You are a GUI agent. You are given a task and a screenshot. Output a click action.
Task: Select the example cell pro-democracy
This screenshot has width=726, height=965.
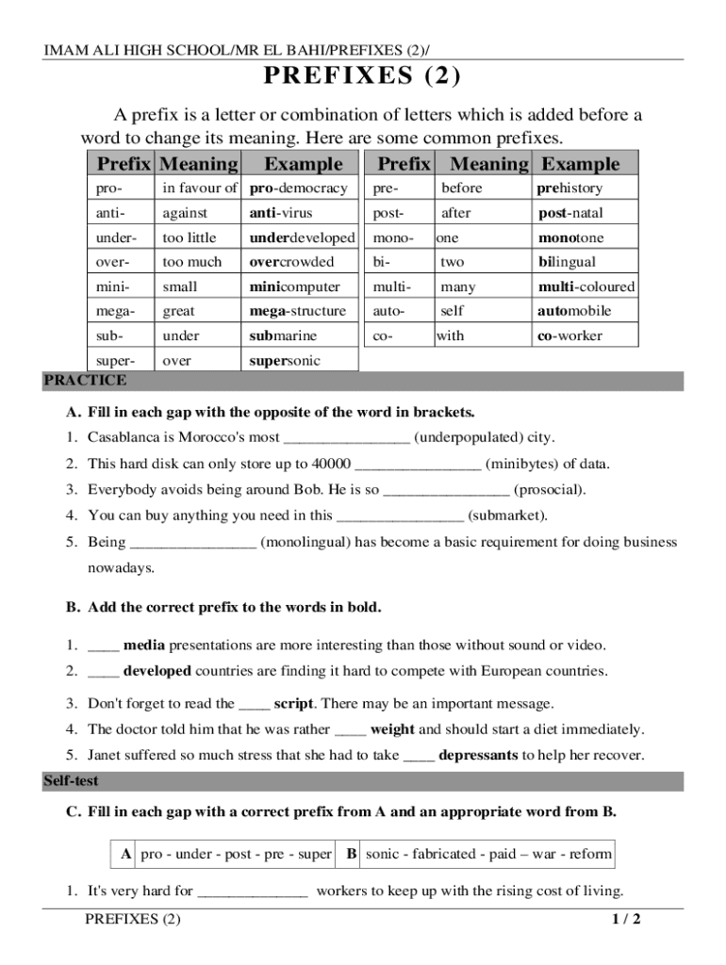[299, 188]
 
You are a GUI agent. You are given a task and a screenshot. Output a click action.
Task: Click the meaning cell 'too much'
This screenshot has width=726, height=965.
[191, 262]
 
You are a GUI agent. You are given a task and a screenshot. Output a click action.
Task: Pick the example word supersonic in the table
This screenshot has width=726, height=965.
[285, 360]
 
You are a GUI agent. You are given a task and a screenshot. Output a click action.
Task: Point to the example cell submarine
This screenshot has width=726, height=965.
[283, 335]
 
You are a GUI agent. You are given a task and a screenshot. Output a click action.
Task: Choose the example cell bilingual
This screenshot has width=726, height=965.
[567, 262]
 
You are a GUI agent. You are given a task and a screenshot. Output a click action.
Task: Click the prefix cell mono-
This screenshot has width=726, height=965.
[393, 237]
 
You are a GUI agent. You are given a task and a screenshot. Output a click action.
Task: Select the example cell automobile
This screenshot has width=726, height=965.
[574, 311]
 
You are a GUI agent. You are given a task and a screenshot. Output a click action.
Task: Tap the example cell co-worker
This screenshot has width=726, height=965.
[569, 335]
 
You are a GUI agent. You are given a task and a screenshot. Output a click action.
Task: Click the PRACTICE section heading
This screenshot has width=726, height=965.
[85, 381]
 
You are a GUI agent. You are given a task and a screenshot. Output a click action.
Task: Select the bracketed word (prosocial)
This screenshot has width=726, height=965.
[551, 489]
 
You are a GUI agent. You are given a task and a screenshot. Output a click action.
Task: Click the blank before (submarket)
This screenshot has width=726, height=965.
[400, 515]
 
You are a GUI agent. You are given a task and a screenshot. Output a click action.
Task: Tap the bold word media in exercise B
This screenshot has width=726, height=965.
[144, 646]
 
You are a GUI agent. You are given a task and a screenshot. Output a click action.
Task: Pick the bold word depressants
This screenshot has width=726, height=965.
[478, 755]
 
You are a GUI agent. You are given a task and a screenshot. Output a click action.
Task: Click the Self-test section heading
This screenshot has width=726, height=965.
[71, 781]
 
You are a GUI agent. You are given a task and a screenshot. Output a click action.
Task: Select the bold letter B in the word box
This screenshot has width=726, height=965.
[351, 854]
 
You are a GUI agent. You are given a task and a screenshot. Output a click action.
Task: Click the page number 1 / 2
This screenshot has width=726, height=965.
[625, 920]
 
